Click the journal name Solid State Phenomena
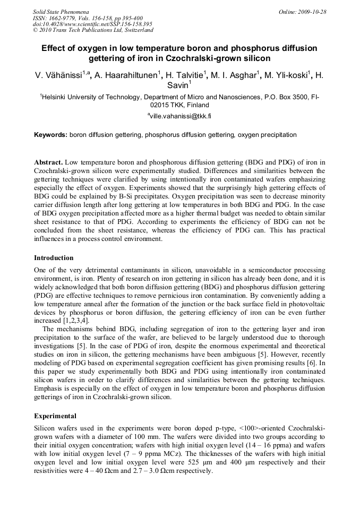coord(61,11)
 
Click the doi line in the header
coord(92,24)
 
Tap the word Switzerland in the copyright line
coord(136,30)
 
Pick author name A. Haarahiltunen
coord(125,76)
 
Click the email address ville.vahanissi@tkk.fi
coord(181,115)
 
